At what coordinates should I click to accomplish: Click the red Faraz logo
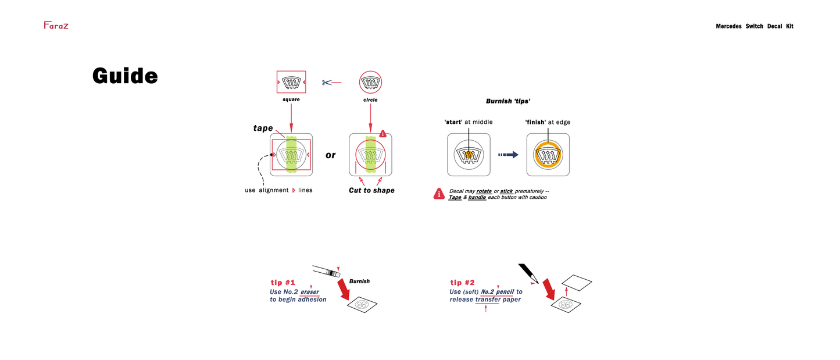[56, 25]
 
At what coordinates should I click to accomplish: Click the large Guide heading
[125, 76]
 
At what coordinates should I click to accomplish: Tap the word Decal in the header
[774, 26]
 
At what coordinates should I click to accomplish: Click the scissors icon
[327, 83]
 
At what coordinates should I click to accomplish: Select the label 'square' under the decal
[291, 100]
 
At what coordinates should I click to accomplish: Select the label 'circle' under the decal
[370, 100]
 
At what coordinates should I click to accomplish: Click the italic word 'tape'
[263, 128]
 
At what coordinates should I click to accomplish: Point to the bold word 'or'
[330, 155]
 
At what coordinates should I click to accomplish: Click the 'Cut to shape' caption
[371, 190]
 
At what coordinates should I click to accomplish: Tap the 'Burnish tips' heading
[508, 101]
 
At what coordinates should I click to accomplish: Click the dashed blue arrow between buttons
[508, 155]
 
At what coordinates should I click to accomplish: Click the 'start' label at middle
[453, 122]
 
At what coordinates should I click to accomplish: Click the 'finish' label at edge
[535, 122]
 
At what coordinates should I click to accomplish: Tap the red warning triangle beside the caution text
[439, 194]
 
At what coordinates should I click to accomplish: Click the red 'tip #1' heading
[283, 283]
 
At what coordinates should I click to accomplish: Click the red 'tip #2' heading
[462, 283]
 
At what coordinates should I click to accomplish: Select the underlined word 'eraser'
[309, 292]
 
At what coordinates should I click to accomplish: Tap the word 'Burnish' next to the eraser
[359, 281]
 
